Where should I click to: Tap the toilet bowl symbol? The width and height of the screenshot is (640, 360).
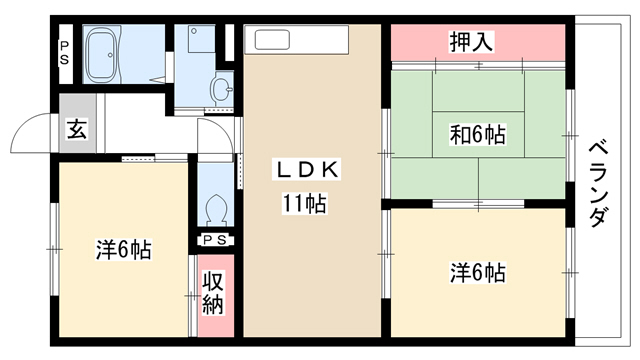tap(216, 211)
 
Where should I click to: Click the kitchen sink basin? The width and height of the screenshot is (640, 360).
tap(272, 40)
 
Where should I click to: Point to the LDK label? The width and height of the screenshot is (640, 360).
tap(307, 170)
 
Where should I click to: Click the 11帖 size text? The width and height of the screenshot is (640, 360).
tap(305, 203)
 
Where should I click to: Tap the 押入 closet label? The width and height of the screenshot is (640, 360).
tap(471, 42)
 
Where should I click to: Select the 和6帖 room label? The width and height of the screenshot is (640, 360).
tap(478, 135)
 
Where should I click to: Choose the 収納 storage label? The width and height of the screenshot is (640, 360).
tap(213, 293)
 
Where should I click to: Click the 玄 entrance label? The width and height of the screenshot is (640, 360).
tap(77, 129)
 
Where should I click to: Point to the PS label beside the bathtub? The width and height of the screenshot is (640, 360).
tap(64, 53)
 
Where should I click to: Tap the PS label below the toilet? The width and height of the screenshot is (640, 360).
tap(215, 240)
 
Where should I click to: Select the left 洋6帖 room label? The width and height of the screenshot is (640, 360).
tap(124, 250)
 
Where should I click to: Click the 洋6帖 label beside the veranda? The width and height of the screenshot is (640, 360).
tap(478, 273)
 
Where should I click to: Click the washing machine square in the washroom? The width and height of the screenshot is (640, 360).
tap(202, 39)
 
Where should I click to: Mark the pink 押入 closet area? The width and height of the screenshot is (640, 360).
tap(478, 42)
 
